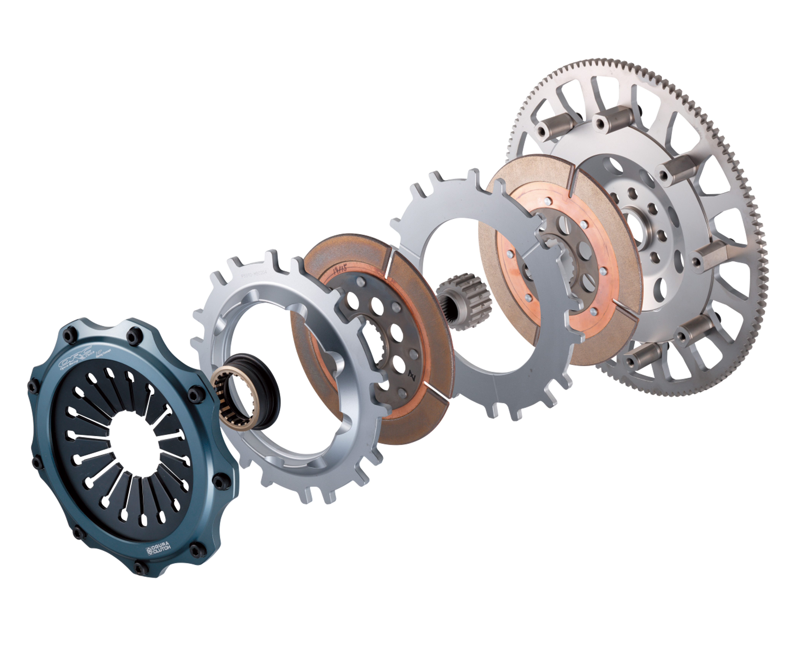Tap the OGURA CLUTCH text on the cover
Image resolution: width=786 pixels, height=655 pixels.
coord(159,549)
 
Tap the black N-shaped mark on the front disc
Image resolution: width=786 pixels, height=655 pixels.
coord(412,374)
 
